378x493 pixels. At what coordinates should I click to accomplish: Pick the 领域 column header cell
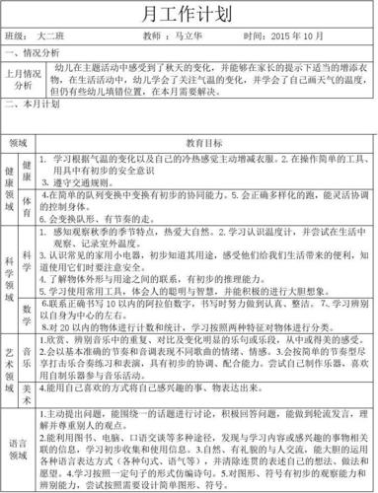coord(18,142)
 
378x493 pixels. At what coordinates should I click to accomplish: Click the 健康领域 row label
coord(10,188)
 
